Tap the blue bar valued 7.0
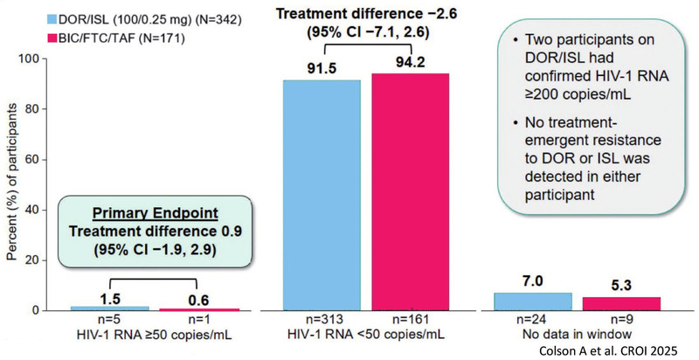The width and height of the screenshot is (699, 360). [x=532, y=301]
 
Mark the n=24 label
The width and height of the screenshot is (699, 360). [x=532, y=321]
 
